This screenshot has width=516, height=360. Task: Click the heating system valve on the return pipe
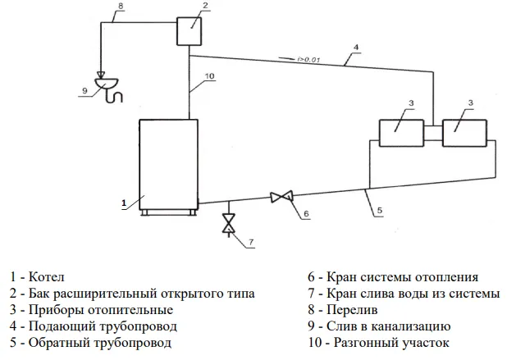point(281,197)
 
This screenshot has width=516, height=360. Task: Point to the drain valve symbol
point(228,223)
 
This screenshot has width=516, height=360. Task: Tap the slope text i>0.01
point(308,60)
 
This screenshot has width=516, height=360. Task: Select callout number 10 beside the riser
point(210,76)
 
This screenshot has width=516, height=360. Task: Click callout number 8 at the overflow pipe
point(121,6)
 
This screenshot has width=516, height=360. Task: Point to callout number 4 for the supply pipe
point(356,48)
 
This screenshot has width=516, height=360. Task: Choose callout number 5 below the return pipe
point(380,210)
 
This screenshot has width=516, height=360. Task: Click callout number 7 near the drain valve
point(251,242)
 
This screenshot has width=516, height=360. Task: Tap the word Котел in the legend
point(47,276)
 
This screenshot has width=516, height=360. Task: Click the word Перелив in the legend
point(352,310)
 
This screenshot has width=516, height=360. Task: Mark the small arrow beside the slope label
point(286,58)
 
